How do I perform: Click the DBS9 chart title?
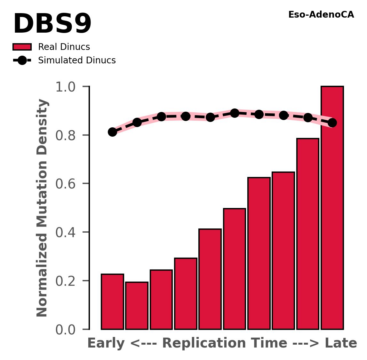tap(52, 25)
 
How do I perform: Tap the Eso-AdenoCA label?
tap(321, 15)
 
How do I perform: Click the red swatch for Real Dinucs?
tap(22, 47)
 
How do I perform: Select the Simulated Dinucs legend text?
tap(77, 60)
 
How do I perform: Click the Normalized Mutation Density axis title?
tap(42, 208)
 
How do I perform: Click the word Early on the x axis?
tap(106, 343)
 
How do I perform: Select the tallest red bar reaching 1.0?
tap(332, 208)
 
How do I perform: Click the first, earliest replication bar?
tap(112, 301)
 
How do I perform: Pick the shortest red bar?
tap(137, 306)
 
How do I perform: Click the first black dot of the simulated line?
tap(112, 132)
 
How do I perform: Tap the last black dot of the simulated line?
tap(332, 123)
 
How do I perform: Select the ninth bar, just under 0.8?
tap(307, 234)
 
